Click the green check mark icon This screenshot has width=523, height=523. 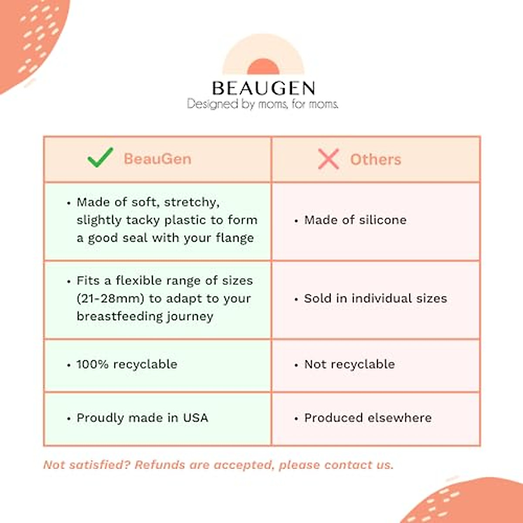click(100, 158)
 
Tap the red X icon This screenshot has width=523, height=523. click(328, 159)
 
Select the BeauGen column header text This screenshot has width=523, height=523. click(157, 159)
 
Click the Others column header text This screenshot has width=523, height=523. click(375, 160)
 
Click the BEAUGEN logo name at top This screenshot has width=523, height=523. click(263, 88)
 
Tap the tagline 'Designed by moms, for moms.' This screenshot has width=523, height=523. click(262, 104)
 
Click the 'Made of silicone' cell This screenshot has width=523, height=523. click(355, 220)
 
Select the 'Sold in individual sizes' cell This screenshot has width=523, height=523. click(375, 299)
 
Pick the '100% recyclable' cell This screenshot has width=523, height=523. click(127, 364)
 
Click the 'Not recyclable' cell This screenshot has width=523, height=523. click(350, 364)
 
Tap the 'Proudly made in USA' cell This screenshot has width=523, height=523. click(142, 418)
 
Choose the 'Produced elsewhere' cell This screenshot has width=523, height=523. click(368, 418)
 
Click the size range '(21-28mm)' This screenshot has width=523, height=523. click(110, 299)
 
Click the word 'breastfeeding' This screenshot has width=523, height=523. click(114, 316)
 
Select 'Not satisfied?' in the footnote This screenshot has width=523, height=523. click(87, 465)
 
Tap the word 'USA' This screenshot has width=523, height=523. click(195, 418)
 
